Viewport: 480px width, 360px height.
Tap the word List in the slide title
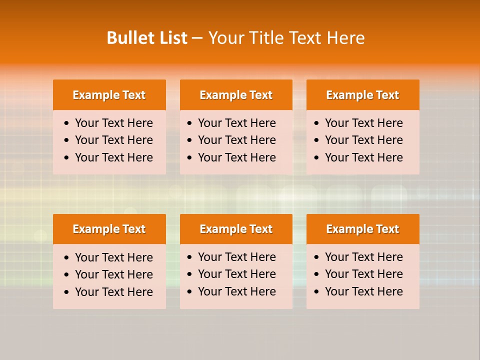[x=171, y=38]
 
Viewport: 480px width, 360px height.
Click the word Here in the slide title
[x=345, y=38]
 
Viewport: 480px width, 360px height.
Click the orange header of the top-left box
[x=109, y=95]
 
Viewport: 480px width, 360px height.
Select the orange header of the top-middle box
[x=236, y=95]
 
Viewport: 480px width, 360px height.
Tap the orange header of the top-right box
[x=362, y=95]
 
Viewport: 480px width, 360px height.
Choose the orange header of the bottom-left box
[x=109, y=229]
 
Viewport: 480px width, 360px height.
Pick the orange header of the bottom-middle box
[x=236, y=229]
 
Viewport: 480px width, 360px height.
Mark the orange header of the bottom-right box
[x=362, y=229]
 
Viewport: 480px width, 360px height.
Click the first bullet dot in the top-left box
[x=67, y=123]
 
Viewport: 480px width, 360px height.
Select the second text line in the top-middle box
[x=236, y=140]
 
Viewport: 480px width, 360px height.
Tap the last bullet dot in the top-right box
[x=317, y=158]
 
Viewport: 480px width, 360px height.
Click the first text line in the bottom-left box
[x=113, y=257]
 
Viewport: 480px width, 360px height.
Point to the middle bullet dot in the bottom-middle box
[x=190, y=274]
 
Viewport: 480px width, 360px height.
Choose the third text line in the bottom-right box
[x=363, y=291]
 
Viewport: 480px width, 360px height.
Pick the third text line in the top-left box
[x=113, y=157]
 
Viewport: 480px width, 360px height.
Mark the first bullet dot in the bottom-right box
[x=317, y=257]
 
